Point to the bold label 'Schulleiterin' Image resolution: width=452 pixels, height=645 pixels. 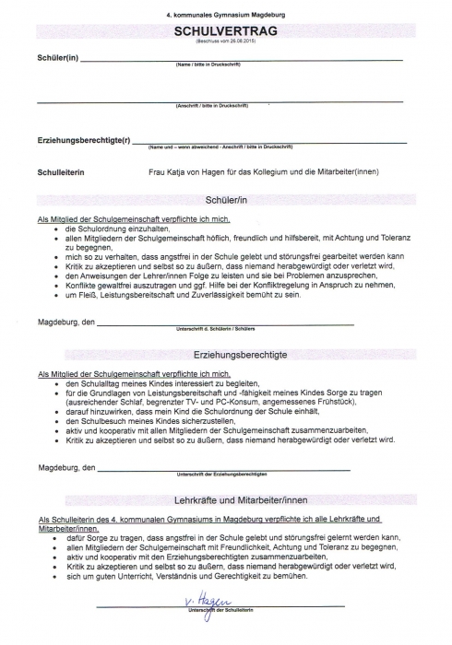[x=62, y=172]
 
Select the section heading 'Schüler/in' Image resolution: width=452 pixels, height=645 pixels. [x=227, y=200]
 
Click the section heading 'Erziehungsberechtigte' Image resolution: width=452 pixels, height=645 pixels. [x=227, y=355]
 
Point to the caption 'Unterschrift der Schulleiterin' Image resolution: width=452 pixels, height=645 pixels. [x=220, y=612]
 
